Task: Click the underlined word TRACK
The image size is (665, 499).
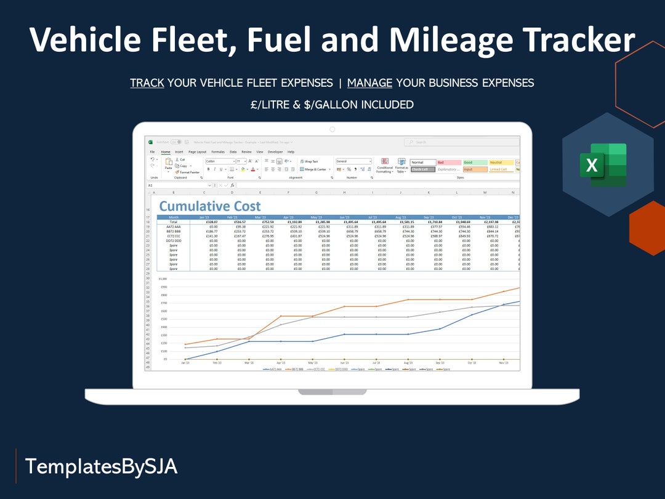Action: (x=147, y=83)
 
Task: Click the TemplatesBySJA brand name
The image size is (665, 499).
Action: (x=101, y=466)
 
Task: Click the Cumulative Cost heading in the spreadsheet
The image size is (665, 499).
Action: (x=210, y=206)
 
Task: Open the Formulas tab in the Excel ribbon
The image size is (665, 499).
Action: (x=218, y=152)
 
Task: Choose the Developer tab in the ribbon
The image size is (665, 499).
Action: (x=275, y=152)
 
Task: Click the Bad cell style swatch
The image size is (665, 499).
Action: (x=449, y=162)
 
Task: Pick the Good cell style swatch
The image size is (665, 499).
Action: (x=475, y=162)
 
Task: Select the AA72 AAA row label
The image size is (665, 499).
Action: (x=173, y=227)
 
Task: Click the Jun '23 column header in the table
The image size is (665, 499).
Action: (x=344, y=217)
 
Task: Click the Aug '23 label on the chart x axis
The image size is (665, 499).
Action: (x=408, y=363)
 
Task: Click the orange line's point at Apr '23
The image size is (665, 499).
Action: (x=281, y=316)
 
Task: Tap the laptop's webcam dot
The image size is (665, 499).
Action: (x=332, y=129)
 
